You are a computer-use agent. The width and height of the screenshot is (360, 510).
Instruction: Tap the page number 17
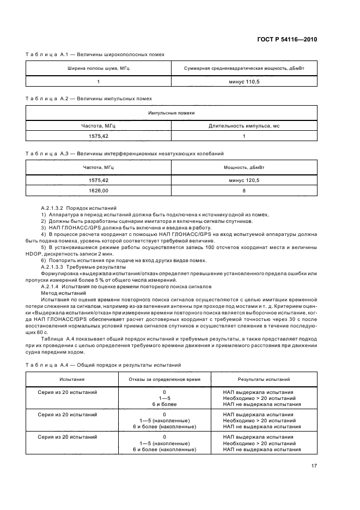(314, 466)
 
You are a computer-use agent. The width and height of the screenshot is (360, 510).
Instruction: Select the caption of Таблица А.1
(95, 54)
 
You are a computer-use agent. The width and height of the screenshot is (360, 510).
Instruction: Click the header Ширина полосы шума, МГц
(99, 69)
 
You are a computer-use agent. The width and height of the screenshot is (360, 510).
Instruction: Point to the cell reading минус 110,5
(244, 81)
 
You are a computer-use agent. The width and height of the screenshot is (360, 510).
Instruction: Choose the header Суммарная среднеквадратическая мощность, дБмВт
(244, 69)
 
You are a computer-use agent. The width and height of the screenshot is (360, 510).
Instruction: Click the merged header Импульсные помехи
(171, 113)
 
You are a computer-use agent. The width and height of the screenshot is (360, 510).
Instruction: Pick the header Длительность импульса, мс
(244, 126)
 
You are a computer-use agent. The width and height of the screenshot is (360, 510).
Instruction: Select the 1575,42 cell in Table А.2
(99, 136)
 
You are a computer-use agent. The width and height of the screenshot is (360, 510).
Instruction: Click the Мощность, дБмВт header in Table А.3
(244, 168)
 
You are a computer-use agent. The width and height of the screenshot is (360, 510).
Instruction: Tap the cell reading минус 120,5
(244, 180)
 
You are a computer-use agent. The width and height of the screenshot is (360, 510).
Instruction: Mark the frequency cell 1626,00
(99, 191)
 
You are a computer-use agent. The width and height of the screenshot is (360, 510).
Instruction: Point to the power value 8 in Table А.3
(244, 191)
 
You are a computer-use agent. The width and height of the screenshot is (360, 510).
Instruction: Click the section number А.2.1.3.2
(53, 208)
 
